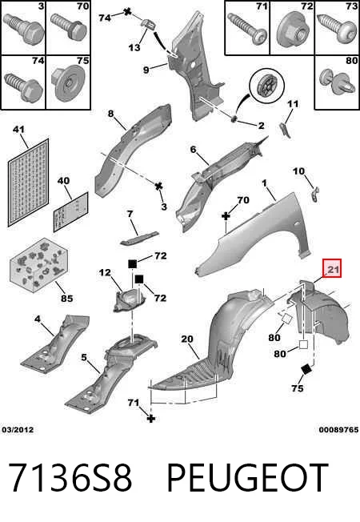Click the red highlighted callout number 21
coord(333,269)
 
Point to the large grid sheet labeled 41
coord(28,183)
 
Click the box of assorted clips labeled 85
coord(38,265)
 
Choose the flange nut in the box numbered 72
coord(292,30)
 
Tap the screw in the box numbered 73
coord(337,29)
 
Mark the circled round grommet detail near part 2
coord(267,86)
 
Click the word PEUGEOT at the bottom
coord(247,478)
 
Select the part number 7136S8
coord(70,478)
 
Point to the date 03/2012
coord(18,430)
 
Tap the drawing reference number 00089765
coord(338,430)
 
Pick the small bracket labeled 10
coord(315,194)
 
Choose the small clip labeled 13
coord(149,24)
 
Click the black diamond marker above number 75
coord(306,369)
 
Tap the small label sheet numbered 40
coord(71,212)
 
